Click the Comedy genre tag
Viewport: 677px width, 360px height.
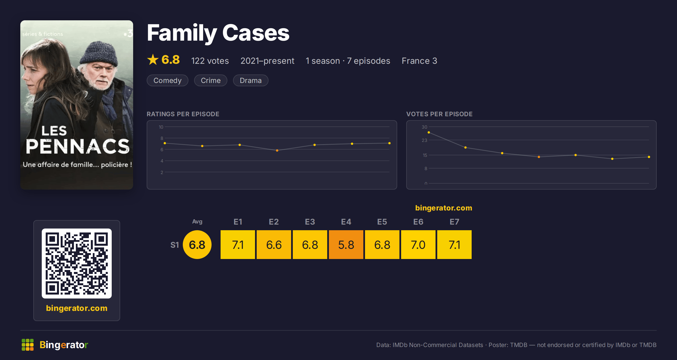click(167, 80)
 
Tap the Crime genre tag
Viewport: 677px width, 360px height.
click(210, 80)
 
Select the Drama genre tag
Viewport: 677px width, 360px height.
click(250, 80)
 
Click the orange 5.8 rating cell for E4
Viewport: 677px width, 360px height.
click(346, 245)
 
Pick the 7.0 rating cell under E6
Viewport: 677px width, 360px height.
click(418, 245)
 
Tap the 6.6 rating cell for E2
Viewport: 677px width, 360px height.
click(274, 245)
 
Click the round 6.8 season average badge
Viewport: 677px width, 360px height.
click(197, 245)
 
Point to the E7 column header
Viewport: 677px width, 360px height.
click(454, 222)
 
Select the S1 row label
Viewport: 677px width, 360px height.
click(175, 245)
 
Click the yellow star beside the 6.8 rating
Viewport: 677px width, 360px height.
click(153, 60)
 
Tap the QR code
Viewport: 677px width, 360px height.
click(77, 264)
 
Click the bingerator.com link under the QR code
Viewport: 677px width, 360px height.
click(77, 308)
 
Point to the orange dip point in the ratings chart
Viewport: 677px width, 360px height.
click(277, 150)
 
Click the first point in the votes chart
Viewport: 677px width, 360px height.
click(429, 132)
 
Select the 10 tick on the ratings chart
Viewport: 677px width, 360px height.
click(161, 127)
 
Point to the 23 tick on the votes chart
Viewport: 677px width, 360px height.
click(425, 140)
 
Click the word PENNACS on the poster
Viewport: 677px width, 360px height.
click(78, 146)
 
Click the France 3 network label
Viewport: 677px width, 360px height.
click(419, 61)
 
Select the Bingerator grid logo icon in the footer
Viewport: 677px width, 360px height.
click(28, 345)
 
